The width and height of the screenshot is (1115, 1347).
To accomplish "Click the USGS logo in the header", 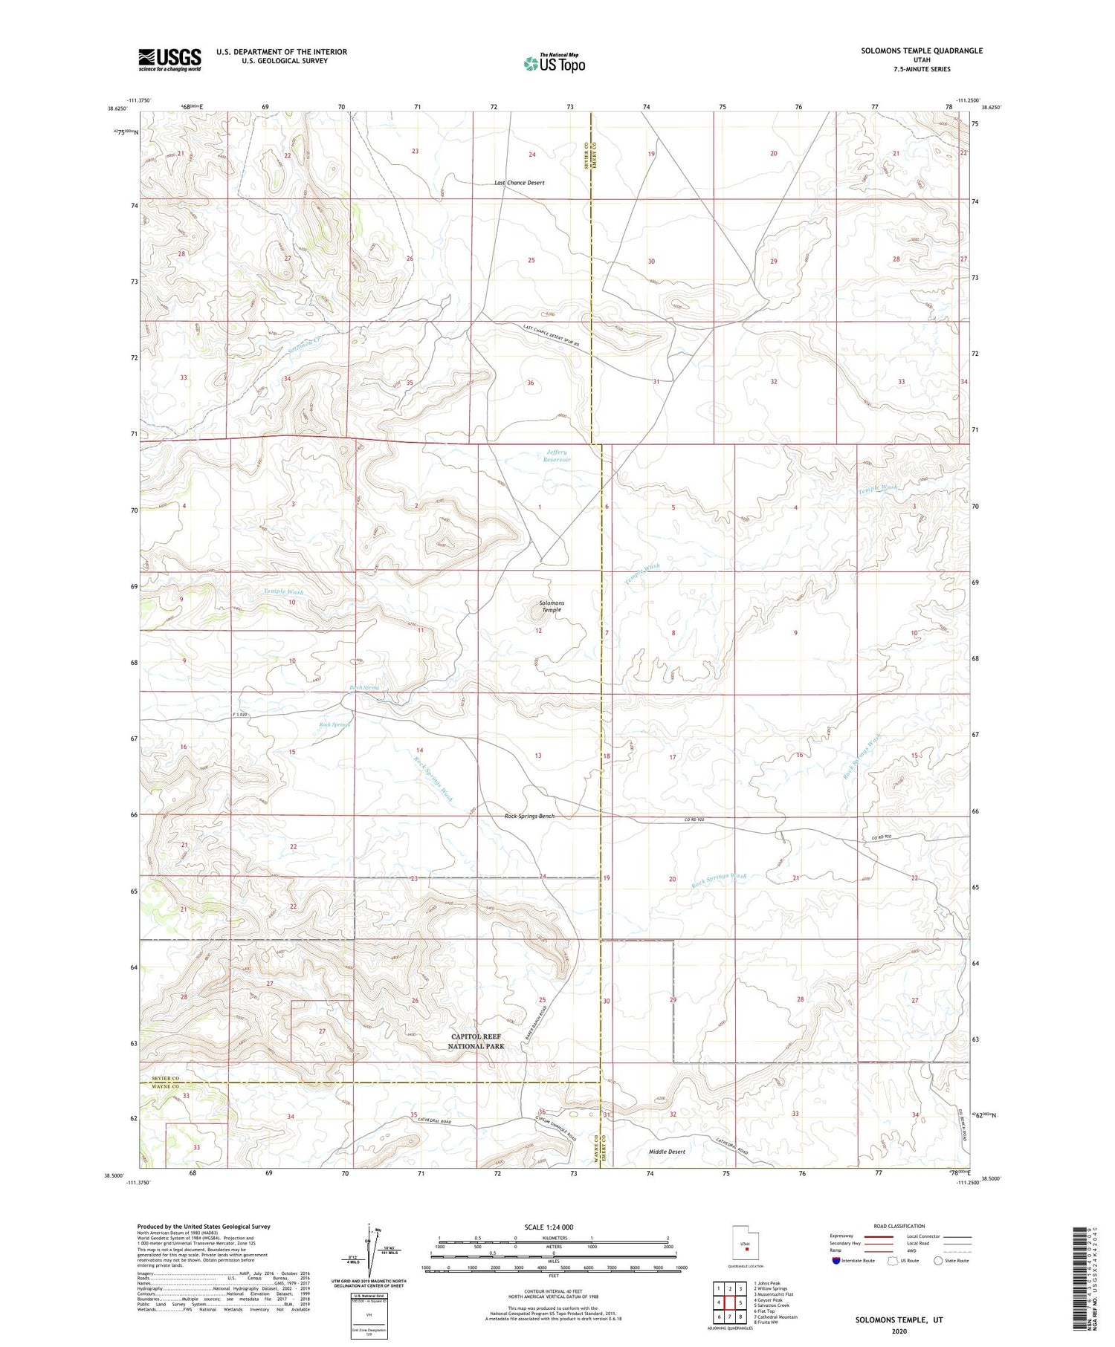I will pyautogui.click(x=169, y=59).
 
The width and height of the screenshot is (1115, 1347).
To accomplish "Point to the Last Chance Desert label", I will pyautogui.click(x=520, y=183).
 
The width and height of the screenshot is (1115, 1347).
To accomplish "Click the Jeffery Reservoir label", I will pyautogui.click(x=557, y=455).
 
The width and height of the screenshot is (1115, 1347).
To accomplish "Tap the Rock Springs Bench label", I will pyautogui.click(x=529, y=817).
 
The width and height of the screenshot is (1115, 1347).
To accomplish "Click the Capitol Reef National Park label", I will pyautogui.click(x=476, y=1041).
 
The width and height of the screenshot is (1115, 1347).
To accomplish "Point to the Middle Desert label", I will pyautogui.click(x=666, y=1152).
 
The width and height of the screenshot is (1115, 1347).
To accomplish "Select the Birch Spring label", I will pyautogui.click(x=364, y=688).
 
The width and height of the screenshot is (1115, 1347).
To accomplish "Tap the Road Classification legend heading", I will pyautogui.click(x=899, y=1226).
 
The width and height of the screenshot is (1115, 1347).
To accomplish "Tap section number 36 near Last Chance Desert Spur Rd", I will pyautogui.click(x=530, y=383).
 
